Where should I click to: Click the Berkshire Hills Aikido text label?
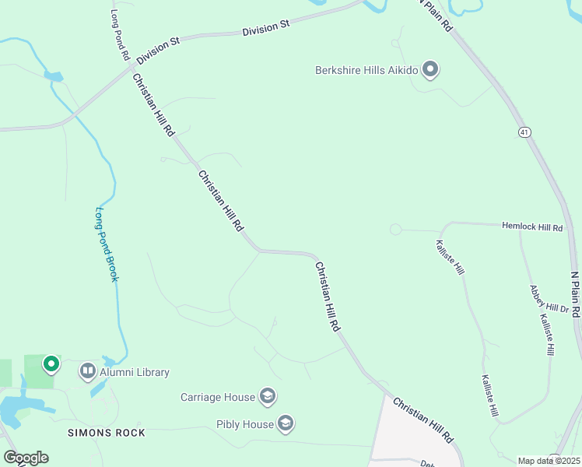pos(366,70)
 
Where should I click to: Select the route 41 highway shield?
pos(526,132)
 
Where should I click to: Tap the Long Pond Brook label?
pos(107,243)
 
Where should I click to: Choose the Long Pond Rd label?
pos(119,36)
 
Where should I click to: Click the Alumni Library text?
pos(133,372)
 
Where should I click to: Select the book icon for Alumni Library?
pos(87,372)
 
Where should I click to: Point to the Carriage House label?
pos(218,397)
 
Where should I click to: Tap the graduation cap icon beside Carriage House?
pos(267,397)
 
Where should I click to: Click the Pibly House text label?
pos(245,424)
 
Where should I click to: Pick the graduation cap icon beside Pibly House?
pos(285,424)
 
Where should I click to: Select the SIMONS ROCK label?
pos(107,431)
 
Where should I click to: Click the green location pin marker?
pos(51,363)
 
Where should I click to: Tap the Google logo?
pos(26,458)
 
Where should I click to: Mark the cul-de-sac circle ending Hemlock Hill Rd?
pos(395,229)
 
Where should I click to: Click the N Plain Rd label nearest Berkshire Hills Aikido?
pos(436,14)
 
